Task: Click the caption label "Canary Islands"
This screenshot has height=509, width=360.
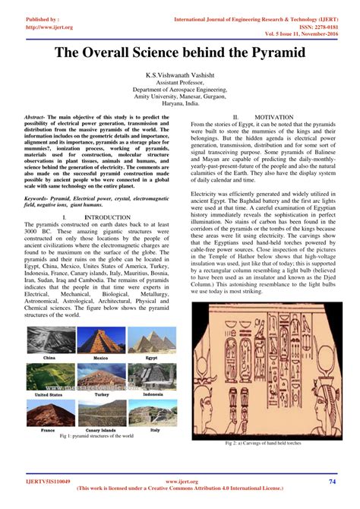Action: point(101,430)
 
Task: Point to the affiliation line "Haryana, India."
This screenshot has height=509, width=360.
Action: point(179,105)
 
